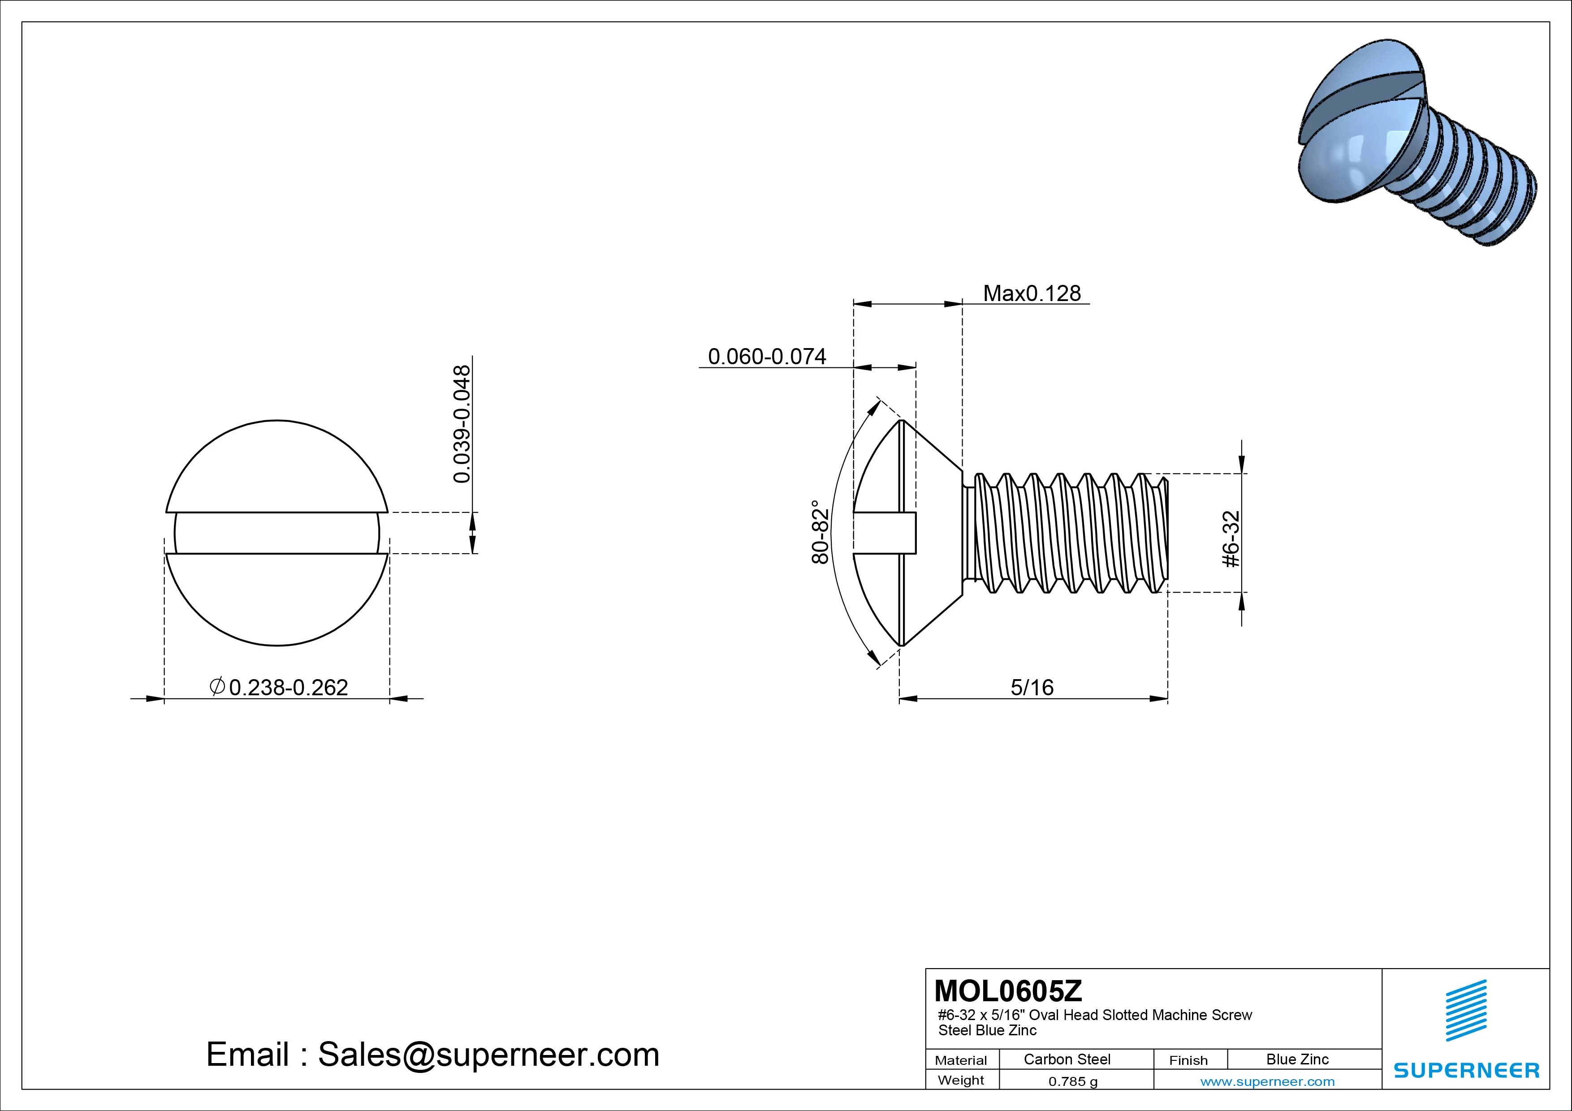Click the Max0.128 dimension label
pos(1032,294)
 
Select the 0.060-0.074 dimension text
pos(767,357)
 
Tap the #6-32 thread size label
pos(1231,539)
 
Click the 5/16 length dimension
pos(1032,687)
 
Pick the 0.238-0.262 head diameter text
pos(288,687)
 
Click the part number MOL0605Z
pos(1008,990)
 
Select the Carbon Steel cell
pos(1067,1059)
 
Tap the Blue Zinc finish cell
pos(1297,1059)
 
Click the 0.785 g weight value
pos(1073,1081)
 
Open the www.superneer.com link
pos(1267,1081)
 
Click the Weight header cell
pos(961,1080)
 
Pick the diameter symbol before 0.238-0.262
pos(217,686)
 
